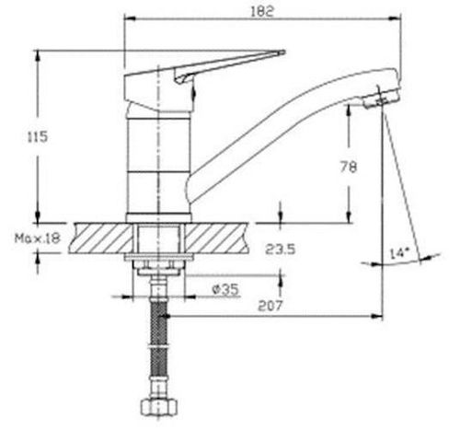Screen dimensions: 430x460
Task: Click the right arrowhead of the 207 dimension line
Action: tap(380, 315)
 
